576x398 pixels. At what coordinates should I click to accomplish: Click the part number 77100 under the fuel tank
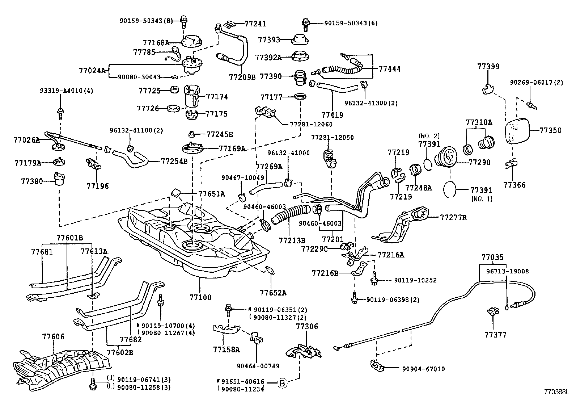coord(200,298)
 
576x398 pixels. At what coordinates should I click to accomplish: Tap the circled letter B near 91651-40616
coord(282,382)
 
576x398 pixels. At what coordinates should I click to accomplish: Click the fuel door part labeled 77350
coord(517,131)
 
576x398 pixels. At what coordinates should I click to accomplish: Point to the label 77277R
coord(453,218)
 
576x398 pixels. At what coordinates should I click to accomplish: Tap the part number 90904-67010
coord(423,369)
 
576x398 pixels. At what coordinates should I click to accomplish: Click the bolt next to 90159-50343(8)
coord(184,21)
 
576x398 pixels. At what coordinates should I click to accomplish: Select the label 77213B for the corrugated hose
coord(292,240)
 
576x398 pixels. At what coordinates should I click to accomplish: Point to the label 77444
coord(389,69)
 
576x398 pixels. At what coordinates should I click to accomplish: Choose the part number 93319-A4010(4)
coord(66,91)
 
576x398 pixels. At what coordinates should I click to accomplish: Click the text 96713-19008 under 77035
coord(507,271)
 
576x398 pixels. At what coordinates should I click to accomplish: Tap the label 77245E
coord(220,134)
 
